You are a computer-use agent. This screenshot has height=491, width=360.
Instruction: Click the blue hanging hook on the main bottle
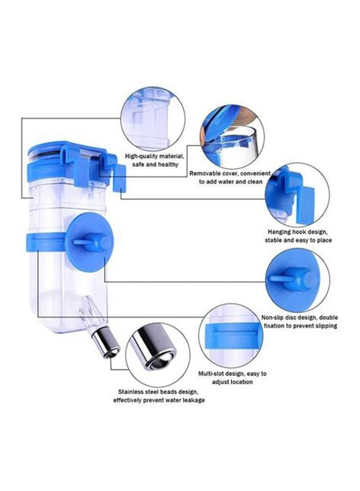coord(117,171)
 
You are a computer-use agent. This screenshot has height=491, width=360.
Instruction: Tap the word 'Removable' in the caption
coord(208,173)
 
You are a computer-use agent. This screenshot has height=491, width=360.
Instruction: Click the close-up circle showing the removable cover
coord(232,136)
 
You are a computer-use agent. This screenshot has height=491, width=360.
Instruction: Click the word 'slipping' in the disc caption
coord(322,326)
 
